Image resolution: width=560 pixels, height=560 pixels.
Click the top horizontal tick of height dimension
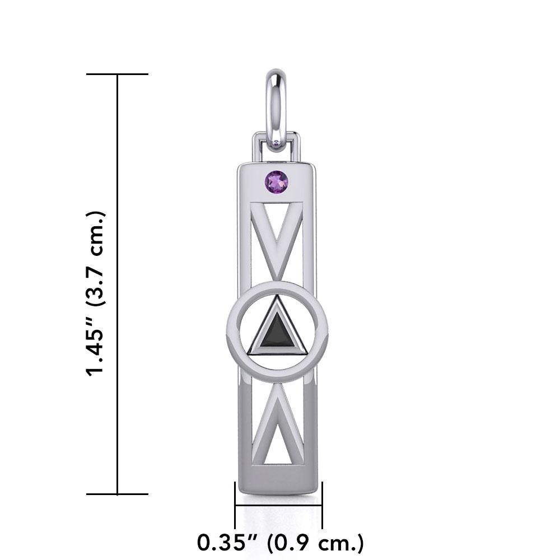click(x=117, y=74)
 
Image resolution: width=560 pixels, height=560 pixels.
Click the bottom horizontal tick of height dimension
click(x=117, y=494)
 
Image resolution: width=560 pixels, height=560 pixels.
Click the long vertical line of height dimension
click(x=117, y=280)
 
